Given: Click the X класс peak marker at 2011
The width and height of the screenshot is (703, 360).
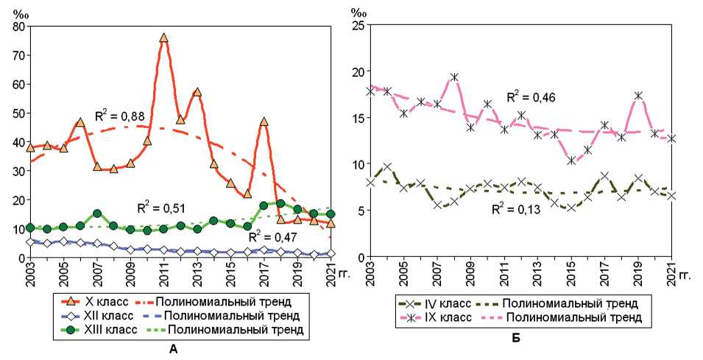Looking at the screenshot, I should tap(163, 38).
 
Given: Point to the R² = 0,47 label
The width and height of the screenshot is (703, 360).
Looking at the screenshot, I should tap(272, 237).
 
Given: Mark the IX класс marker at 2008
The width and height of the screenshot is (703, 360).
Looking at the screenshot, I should tap(455, 77).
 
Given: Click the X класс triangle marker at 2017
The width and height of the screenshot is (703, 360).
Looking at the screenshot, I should tap(264, 121).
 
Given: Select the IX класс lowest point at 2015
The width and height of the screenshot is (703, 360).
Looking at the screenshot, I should tap(571, 160).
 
